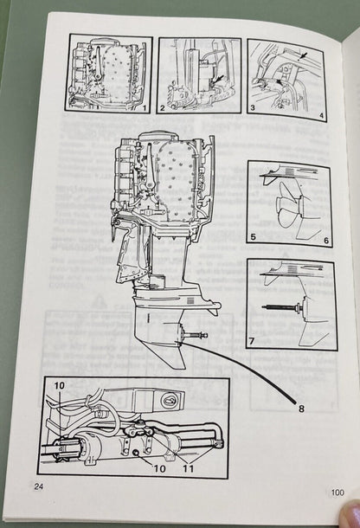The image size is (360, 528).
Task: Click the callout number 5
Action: [x=254, y=237]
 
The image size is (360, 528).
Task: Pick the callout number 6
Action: [x=327, y=239]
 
